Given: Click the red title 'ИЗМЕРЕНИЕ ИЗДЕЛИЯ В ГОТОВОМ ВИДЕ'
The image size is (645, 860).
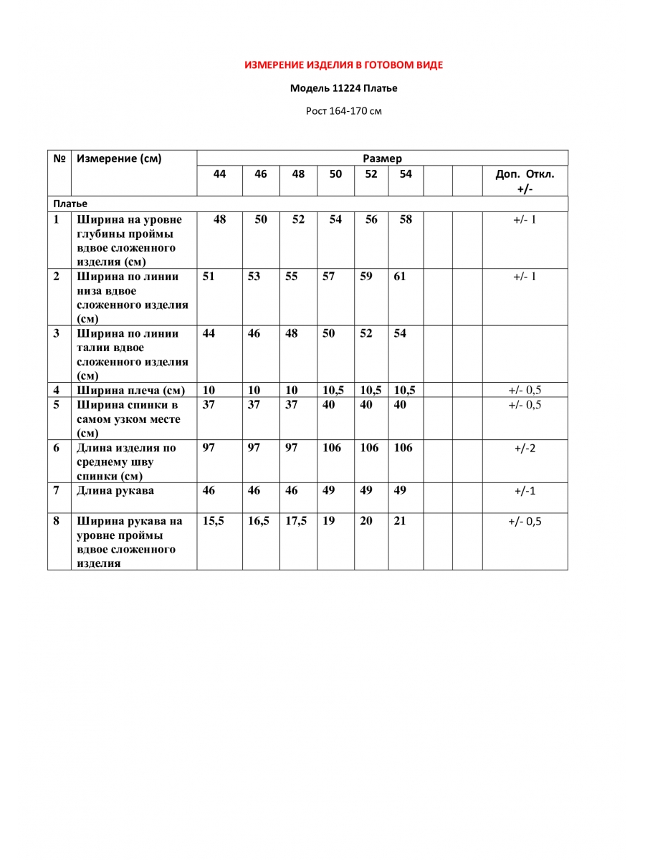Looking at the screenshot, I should (x=343, y=65).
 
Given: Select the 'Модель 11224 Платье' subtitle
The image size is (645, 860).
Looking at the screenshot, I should (x=343, y=89).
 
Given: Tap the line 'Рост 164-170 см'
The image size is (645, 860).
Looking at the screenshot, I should (x=343, y=111).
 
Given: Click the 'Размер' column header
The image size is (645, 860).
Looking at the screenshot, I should (x=382, y=158).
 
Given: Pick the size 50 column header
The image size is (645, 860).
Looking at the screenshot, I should (x=335, y=174).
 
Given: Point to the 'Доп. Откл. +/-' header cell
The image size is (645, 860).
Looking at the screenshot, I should (x=525, y=181).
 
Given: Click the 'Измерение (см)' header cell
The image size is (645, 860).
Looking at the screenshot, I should (x=119, y=158).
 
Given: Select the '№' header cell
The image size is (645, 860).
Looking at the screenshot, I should (x=59, y=158).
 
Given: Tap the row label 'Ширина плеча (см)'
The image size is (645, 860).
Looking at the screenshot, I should (x=131, y=391).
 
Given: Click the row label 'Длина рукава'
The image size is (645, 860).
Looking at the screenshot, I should (x=115, y=491).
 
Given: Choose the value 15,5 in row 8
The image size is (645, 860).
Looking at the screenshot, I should (x=214, y=522).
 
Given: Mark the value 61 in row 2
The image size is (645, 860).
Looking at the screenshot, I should (x=400, y=277).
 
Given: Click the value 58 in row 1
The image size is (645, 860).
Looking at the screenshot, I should (x=406, y=220).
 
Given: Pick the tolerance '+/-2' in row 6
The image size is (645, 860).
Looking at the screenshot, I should (x=525, y=449).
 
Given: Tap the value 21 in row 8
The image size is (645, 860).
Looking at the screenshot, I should (x=400, y=522).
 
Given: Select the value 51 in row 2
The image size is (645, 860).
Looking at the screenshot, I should (x=209, y=277).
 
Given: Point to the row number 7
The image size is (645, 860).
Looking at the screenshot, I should (x=57, y=491).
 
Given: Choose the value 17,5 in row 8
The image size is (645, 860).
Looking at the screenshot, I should (x=296, y=522).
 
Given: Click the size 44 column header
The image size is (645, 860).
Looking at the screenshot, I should (x=219, y=174).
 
